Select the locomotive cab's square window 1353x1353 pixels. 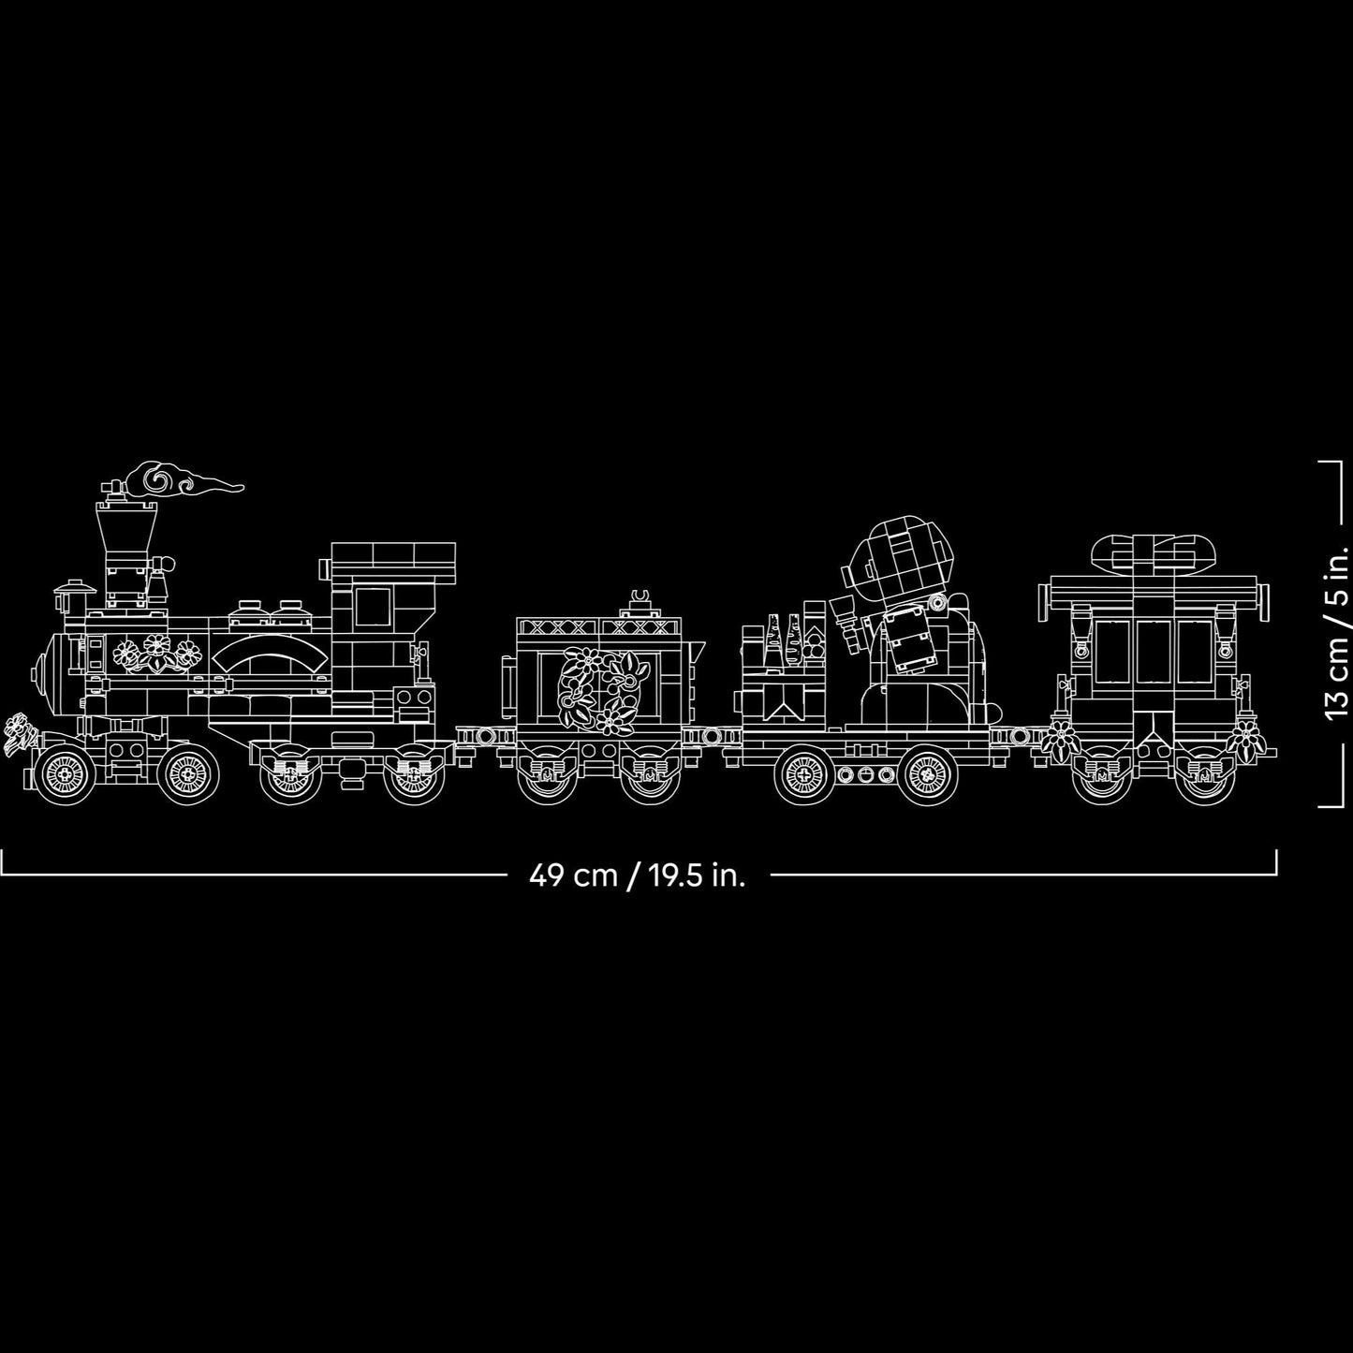pyautogui.click(x=372, y=607)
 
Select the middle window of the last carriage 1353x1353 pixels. pyautogui.click(x=1152, y=653)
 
